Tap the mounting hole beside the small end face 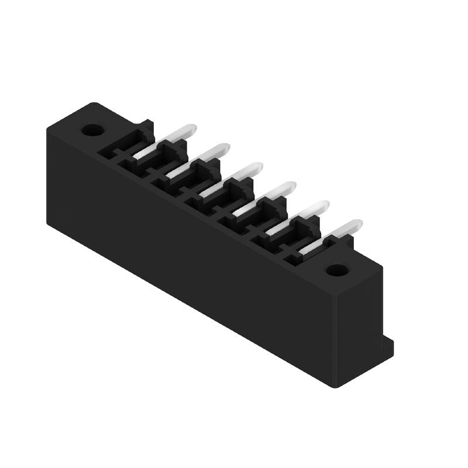[x=336, y=270]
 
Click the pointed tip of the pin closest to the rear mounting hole [x=191, y=128]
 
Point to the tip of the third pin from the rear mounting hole [x=258, y=166]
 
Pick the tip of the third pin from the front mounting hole [x=291, y=185]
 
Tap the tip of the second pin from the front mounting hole [x=325, y=205]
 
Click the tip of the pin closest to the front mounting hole [x=357, y=223]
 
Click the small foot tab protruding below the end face [x=388, y=345]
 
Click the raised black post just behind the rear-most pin [x=146, y=126]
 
